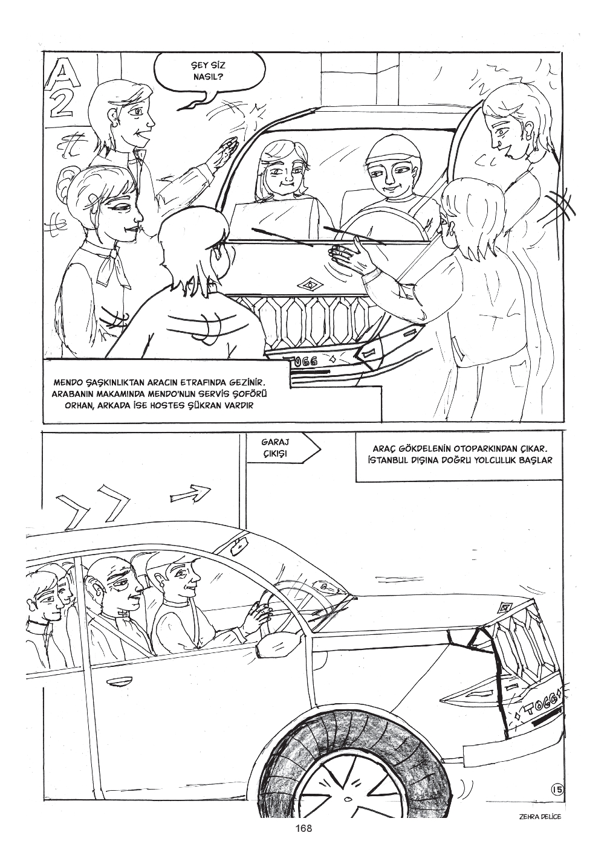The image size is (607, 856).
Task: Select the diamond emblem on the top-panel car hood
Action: pyautogui.click(x=310, y=285)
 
